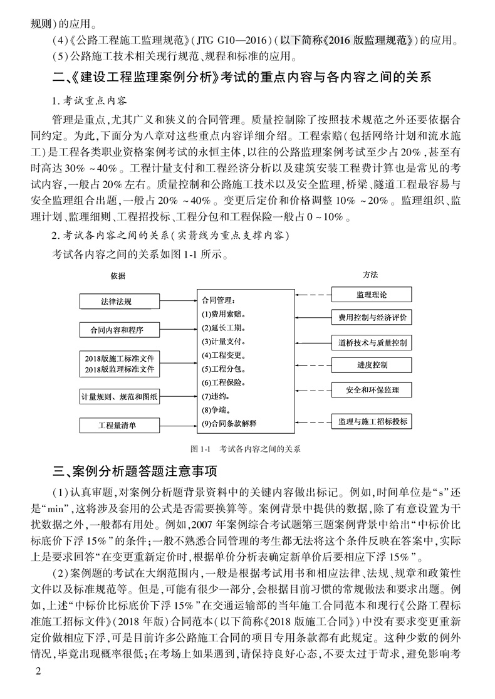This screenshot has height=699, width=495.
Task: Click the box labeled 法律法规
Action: pyautogui.click(x=116, y=302)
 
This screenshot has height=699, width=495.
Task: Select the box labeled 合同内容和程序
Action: pyautogui.click(x=116, y=329)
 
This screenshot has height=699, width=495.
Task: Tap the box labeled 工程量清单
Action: pyautogui.click(x=116, y=426)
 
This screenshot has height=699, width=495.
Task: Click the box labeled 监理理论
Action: pyautogui.click(x=372, y=294)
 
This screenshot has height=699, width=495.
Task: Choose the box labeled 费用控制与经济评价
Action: pyautogui.click(x=372, y=317)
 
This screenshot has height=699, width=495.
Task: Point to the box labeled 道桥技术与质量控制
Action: pyautogui.click(x=372, y=342)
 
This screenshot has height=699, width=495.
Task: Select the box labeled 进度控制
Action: pyautogui.click(x=372, y=365)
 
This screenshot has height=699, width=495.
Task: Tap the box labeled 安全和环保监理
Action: pyautogui.click(x=372, y=390)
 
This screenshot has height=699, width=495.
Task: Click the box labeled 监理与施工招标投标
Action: pyautogui.click(x=372, y=421)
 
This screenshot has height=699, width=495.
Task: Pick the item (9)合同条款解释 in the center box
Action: pyautogui.click(x=229, y=424)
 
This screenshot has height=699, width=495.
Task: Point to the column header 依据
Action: pyautogui.click(x=118, y=275)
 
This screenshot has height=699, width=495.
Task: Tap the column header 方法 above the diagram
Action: pyautogui.click(x=370, y=275)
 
